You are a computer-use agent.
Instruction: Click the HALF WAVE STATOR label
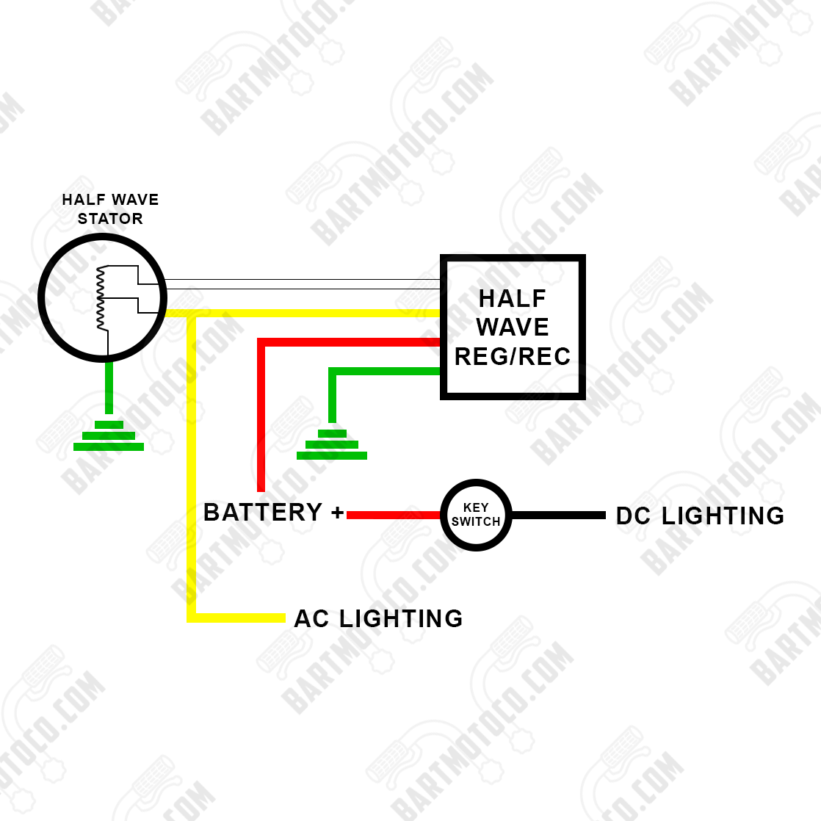point(110,209)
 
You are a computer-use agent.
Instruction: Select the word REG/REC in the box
point(513,357)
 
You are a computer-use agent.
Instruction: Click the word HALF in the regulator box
point(513,299)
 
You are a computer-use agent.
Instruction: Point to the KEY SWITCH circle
point(476,515)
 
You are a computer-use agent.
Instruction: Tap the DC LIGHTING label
point(700,516)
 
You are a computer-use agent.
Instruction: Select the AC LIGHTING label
point(378,619)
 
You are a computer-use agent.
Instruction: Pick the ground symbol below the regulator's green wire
point(332,445)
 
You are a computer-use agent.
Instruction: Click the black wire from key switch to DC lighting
point(558,516)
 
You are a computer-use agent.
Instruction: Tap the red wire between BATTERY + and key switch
point(393,516)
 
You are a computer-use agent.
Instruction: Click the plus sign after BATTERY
point(337,513)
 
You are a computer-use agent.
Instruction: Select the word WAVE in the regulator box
point(513,328)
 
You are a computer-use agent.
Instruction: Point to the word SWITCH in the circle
point(476,522)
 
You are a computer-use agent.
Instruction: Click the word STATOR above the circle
point(110,219)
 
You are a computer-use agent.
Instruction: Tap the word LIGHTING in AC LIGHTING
point(401,619)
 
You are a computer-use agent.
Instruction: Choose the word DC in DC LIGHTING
point(634,516)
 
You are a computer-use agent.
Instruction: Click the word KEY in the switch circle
point(476,508)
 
